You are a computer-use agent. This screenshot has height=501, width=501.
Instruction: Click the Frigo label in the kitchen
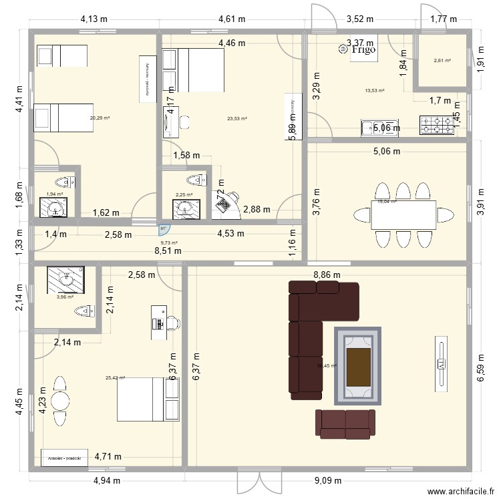point(363,49)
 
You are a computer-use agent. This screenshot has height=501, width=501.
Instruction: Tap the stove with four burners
point(436,125)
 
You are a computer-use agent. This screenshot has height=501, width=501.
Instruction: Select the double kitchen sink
point(372,126)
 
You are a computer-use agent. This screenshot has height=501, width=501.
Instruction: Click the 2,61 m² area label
point(442,61)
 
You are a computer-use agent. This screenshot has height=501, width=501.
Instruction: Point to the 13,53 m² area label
point(375,91)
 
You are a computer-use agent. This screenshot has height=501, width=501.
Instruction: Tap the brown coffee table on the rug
point(359,366)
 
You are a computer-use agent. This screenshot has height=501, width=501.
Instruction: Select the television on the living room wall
point(442,364)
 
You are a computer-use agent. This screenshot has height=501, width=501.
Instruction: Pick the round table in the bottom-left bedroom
point(60,401)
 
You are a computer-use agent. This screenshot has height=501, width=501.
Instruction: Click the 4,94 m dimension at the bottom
point(107,480)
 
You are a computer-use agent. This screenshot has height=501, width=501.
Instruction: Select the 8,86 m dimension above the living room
point(327,275)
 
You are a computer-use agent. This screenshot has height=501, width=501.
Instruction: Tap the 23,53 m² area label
point(237,119)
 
